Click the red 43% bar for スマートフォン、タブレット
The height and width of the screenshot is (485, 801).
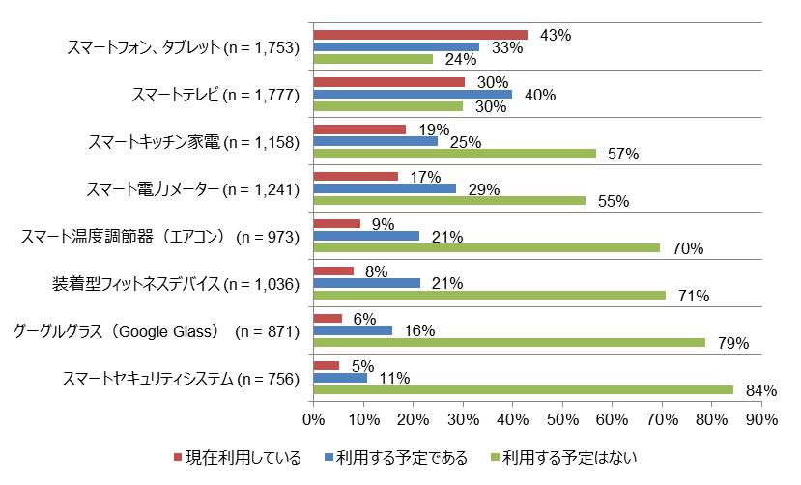420,35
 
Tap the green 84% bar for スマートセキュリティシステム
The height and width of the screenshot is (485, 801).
523,390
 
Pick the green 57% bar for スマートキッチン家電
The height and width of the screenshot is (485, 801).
455,154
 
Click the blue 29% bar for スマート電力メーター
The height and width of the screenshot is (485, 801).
385,189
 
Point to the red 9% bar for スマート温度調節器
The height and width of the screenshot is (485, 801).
337,224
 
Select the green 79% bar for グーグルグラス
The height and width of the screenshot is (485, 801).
510,343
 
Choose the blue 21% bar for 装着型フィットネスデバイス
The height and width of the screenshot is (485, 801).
367,283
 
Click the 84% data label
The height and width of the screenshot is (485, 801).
762,390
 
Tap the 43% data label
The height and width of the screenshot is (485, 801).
557,35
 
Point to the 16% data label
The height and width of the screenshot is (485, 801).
419,331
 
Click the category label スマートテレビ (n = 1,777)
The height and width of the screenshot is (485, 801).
215,95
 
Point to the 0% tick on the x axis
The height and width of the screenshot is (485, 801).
313,420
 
